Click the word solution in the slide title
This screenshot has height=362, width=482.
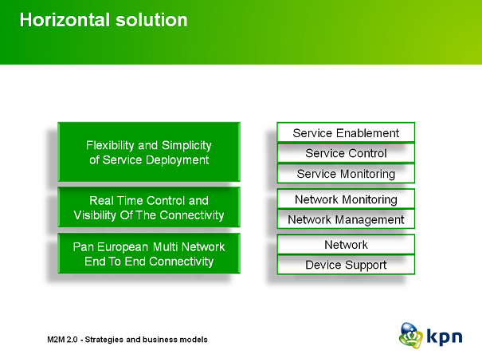point(151,20)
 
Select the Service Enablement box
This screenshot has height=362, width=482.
point(346,132)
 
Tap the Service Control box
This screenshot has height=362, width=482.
point(346,153)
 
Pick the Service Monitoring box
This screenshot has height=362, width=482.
point(346,174)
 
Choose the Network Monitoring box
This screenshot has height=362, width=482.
point(346,199)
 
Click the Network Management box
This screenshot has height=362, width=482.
point(346,219)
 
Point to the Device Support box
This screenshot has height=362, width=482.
point(346,265)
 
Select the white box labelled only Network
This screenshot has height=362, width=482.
point(346,245)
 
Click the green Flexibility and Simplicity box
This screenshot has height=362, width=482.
point(149,152)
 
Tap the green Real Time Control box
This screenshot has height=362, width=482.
point(149,207)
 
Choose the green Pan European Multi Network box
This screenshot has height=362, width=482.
point(149,254)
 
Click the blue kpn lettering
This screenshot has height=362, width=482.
point(445,336)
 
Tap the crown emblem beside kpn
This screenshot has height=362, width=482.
point(411,336)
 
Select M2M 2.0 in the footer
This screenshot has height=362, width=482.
point(62,340)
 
